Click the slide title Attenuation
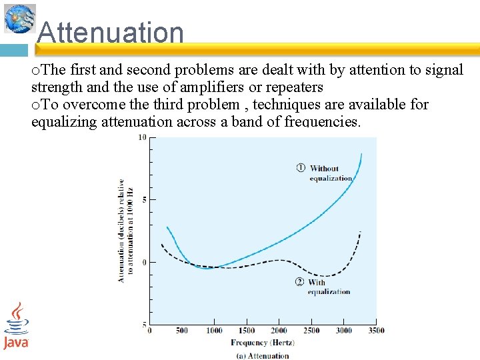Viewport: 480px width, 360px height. (x=110, y=32)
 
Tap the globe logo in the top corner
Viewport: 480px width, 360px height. (x=19, y=18)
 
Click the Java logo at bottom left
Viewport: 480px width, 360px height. (x=16, y=325)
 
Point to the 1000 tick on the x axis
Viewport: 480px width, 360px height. (x=214, y=331)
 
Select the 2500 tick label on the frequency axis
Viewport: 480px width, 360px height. (x=311, y=331)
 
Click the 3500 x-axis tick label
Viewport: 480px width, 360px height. (x=376, y=331)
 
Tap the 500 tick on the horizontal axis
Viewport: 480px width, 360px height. (x=181, y=331)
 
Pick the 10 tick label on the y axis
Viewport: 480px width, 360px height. (x=142, y=137)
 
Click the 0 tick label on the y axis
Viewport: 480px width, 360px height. (x=144, y=262)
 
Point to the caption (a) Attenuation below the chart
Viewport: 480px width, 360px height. (x=263, y=355)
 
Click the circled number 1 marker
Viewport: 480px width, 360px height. (x=301, y=168)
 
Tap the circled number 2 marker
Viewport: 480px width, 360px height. (x=299, y=282)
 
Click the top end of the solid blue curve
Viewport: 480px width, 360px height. (x=361, y=154)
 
